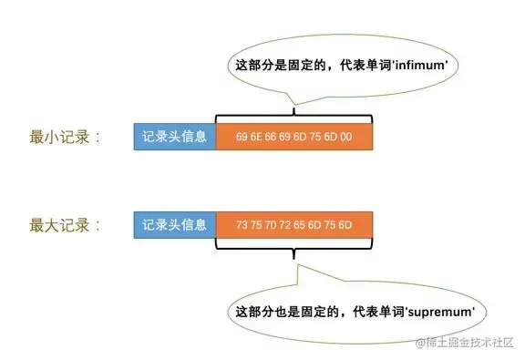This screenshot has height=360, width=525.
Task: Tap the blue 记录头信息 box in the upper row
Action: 174,138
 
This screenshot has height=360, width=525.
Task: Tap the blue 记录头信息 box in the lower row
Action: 174,223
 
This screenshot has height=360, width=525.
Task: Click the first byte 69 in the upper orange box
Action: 242,139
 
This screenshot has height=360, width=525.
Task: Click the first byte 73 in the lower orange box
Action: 242,224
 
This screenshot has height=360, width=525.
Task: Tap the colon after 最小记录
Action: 98,139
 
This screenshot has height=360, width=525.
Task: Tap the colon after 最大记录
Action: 98,224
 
